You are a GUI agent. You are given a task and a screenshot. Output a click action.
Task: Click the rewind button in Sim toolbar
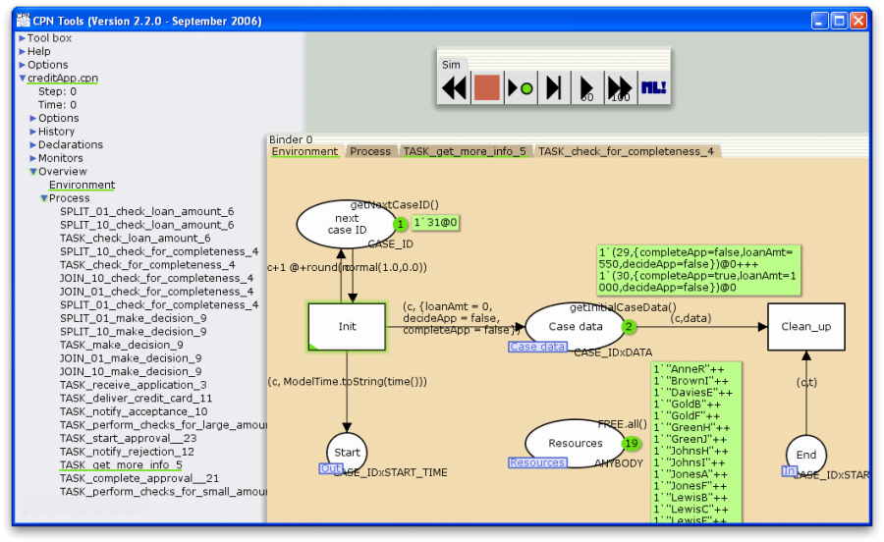(x=454, y=88)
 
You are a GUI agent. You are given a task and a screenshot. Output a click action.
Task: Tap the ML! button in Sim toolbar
(x=653, y=88)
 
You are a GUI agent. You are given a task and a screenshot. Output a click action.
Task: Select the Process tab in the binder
(x=370, y=152)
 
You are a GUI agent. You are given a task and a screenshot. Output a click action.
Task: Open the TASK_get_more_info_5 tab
(x=465, y=152)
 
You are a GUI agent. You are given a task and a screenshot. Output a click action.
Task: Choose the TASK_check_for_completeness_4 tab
(x=626, y=152)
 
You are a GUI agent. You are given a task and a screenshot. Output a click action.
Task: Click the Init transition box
(x=347, y=327)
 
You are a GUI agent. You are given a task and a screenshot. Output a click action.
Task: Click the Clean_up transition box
(x=805, y=327)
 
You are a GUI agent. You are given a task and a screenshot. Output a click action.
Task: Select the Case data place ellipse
(x=576, y=327)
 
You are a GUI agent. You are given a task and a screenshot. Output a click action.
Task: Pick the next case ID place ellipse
(x=347, y=224)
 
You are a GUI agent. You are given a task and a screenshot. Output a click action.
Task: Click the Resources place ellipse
(x=576, y=443)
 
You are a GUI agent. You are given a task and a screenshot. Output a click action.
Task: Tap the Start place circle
(x=347, y=453)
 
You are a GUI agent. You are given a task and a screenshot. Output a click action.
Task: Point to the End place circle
(x=805, y=455)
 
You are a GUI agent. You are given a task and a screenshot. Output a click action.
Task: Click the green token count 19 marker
(x=631, y=444)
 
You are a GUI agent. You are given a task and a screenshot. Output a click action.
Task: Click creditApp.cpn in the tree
(x=62, y=79)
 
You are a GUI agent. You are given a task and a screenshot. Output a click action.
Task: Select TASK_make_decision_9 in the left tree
(x=121, y=345)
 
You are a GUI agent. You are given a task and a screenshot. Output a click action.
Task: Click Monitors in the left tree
(x=60, y=158)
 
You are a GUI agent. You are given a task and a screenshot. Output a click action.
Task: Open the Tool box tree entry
(x=49, y=38)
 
